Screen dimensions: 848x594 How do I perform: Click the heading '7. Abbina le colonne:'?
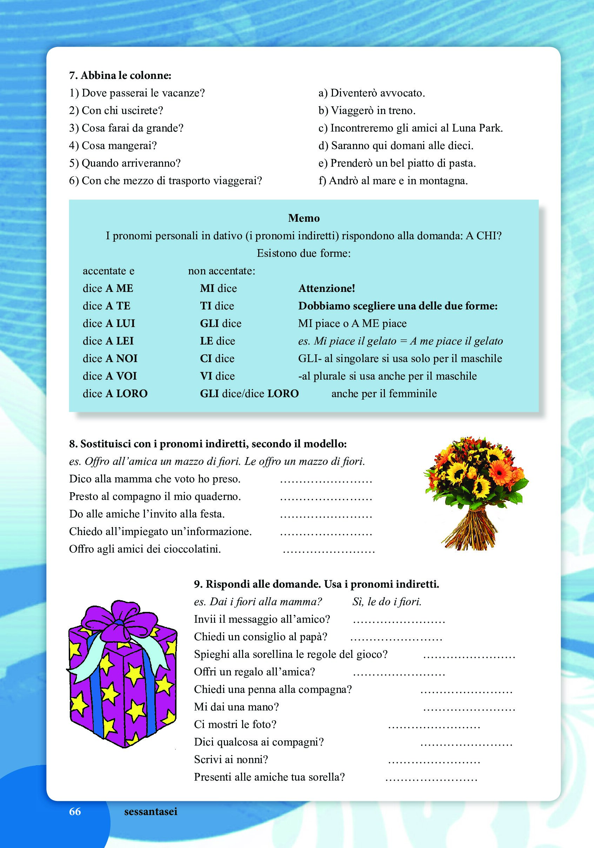[x=120, y=75]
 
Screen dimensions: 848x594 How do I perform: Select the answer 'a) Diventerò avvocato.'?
[x=371, y=93]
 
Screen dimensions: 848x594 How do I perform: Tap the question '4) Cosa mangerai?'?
[x=113, y=146]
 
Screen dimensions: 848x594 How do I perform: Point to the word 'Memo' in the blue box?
[x=303, y=218]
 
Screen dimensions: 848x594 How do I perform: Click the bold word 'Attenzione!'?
[x=327, y=288]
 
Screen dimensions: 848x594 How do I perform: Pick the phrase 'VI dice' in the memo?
[x=217, y=376]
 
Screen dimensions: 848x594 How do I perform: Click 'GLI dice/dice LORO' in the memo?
[x=249, y=393]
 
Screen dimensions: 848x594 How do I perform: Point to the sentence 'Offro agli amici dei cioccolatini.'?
[x=145, y=549]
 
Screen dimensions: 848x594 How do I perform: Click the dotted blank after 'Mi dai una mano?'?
[x=469, y=708]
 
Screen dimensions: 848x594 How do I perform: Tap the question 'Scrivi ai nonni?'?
[x=231, y=759]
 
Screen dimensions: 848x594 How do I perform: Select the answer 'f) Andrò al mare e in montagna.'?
[x=393, y=181]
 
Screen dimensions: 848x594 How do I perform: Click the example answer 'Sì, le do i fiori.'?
[x=386, y=602]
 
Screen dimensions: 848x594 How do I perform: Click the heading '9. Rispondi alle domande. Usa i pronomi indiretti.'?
[x=316, y=584]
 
